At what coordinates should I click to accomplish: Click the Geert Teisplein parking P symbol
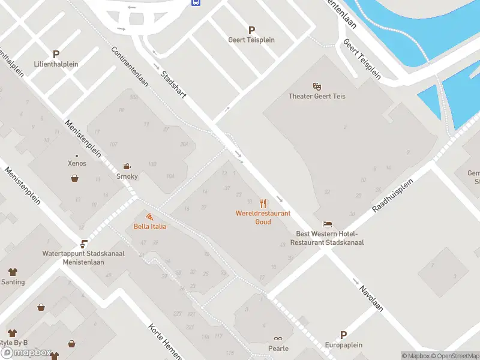[x=251, y=30]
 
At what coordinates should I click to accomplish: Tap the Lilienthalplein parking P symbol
[x=56, y=54]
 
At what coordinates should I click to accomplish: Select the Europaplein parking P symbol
[x=344, y=335]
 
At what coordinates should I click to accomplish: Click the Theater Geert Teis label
[x=317, y=96]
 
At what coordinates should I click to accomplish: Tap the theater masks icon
[x=317, y=86]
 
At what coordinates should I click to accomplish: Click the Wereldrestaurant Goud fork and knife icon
[x=263, y=204]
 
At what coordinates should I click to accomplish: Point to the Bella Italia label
[x=149, y=226]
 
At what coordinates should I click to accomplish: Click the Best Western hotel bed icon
[x=327, y=224]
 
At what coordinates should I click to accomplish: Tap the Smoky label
[x=127, y=176]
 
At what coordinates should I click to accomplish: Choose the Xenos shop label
[x=77, y=163]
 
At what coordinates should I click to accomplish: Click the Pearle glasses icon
[x=278, y=339]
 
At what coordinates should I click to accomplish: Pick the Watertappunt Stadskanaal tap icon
[x=84, y=244]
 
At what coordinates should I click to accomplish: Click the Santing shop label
[x=13, y=282]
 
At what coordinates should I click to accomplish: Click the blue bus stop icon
[x=196, y=2]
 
